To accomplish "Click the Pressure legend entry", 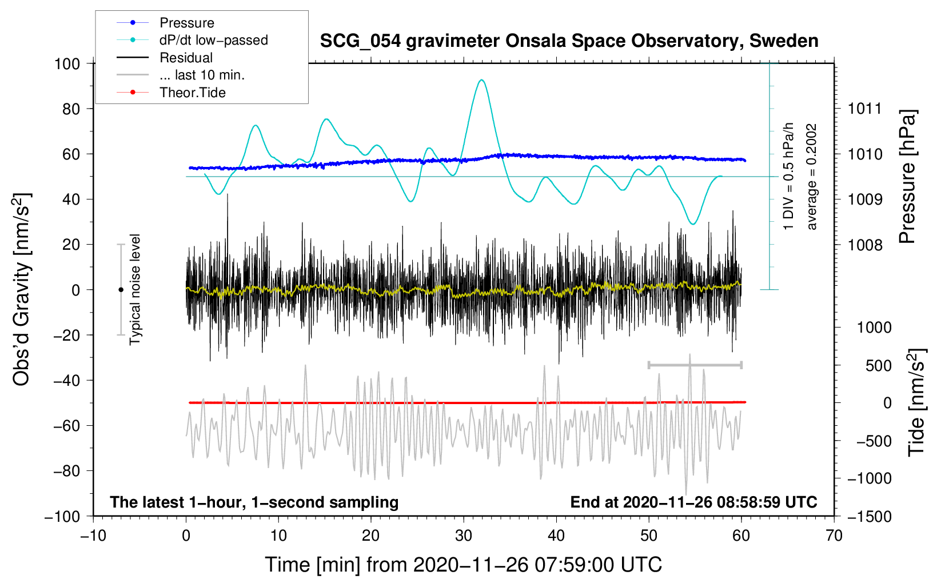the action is [166, 22].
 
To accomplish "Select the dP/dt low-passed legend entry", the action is [192, 40].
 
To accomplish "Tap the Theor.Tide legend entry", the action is [171, 93].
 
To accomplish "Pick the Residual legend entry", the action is [165, 57].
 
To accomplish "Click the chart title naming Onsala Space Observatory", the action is [569, 41].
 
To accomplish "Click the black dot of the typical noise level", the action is [121, 290].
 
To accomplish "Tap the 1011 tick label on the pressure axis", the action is [865, 109].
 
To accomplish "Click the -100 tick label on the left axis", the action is [62, 517].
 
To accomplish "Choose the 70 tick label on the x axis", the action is [834, 536].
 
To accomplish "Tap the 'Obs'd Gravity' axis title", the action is [22, 290].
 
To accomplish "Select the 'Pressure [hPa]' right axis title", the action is [907, 177].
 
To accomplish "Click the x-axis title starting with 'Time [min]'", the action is [464, 565].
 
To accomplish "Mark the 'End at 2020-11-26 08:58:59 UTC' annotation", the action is [693, 502].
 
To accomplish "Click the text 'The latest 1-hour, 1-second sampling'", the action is [254, 502].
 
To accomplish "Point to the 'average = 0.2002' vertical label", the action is [812, 177].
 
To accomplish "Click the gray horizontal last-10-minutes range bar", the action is [695, 365].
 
